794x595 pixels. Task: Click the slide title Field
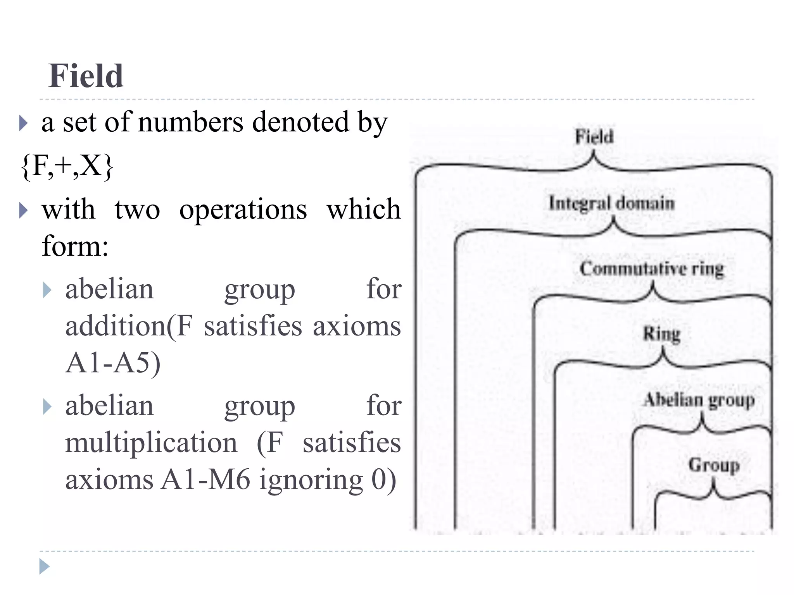(x=86, y=76)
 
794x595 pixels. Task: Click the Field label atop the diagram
(x=594, y=137)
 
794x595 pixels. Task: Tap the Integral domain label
(x=612, y=204)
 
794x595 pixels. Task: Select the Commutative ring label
(x=652, y=269)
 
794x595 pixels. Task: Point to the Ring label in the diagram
(x=662, y=334)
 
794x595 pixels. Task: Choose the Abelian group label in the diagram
(x=699, y=400)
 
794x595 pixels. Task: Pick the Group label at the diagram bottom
(x=714, y=465)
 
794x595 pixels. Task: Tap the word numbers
(x=190, y=122)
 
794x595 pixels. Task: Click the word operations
(x=243, y=210)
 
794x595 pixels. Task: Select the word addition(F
(x=129, y=326)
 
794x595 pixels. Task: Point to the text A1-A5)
(x=113, y=363)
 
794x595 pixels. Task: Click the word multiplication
(x=151, y=443)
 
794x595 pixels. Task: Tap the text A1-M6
(x=205, y=480)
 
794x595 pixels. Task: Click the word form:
(x=75, y=246)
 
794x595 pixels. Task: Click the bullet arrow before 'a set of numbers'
(x=23, y=124)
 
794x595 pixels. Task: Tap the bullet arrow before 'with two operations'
(x=23, y=210)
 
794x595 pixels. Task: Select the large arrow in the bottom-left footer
(x=45, y=566)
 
